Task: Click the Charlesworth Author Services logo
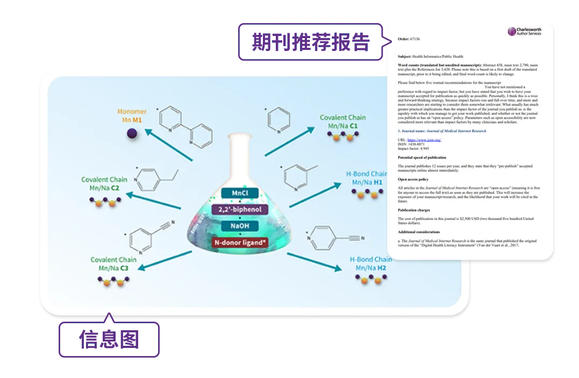click(524, 31)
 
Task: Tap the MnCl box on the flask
click(240, 193)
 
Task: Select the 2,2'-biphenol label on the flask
click(240, 209)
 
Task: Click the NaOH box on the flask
click(240, 226)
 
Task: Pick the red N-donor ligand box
click(240, 242)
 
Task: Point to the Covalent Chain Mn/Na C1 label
click(342, 121)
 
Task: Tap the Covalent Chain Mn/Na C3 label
click(113, 264)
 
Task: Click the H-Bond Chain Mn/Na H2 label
click(371, 263)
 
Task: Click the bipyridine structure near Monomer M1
click(186, 126)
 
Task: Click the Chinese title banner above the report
click(311, 41)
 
